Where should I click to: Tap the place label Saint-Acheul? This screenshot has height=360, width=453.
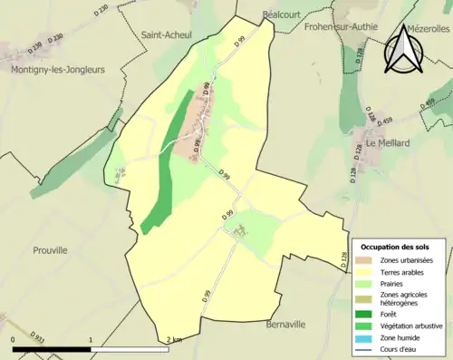coord(165,34)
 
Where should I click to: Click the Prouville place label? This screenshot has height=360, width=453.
coord(56,250)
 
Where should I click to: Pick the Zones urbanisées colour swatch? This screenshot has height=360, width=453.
coord(369,261)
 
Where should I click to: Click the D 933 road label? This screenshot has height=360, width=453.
coord(37,336)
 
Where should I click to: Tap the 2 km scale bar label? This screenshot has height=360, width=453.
coord(175,339)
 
